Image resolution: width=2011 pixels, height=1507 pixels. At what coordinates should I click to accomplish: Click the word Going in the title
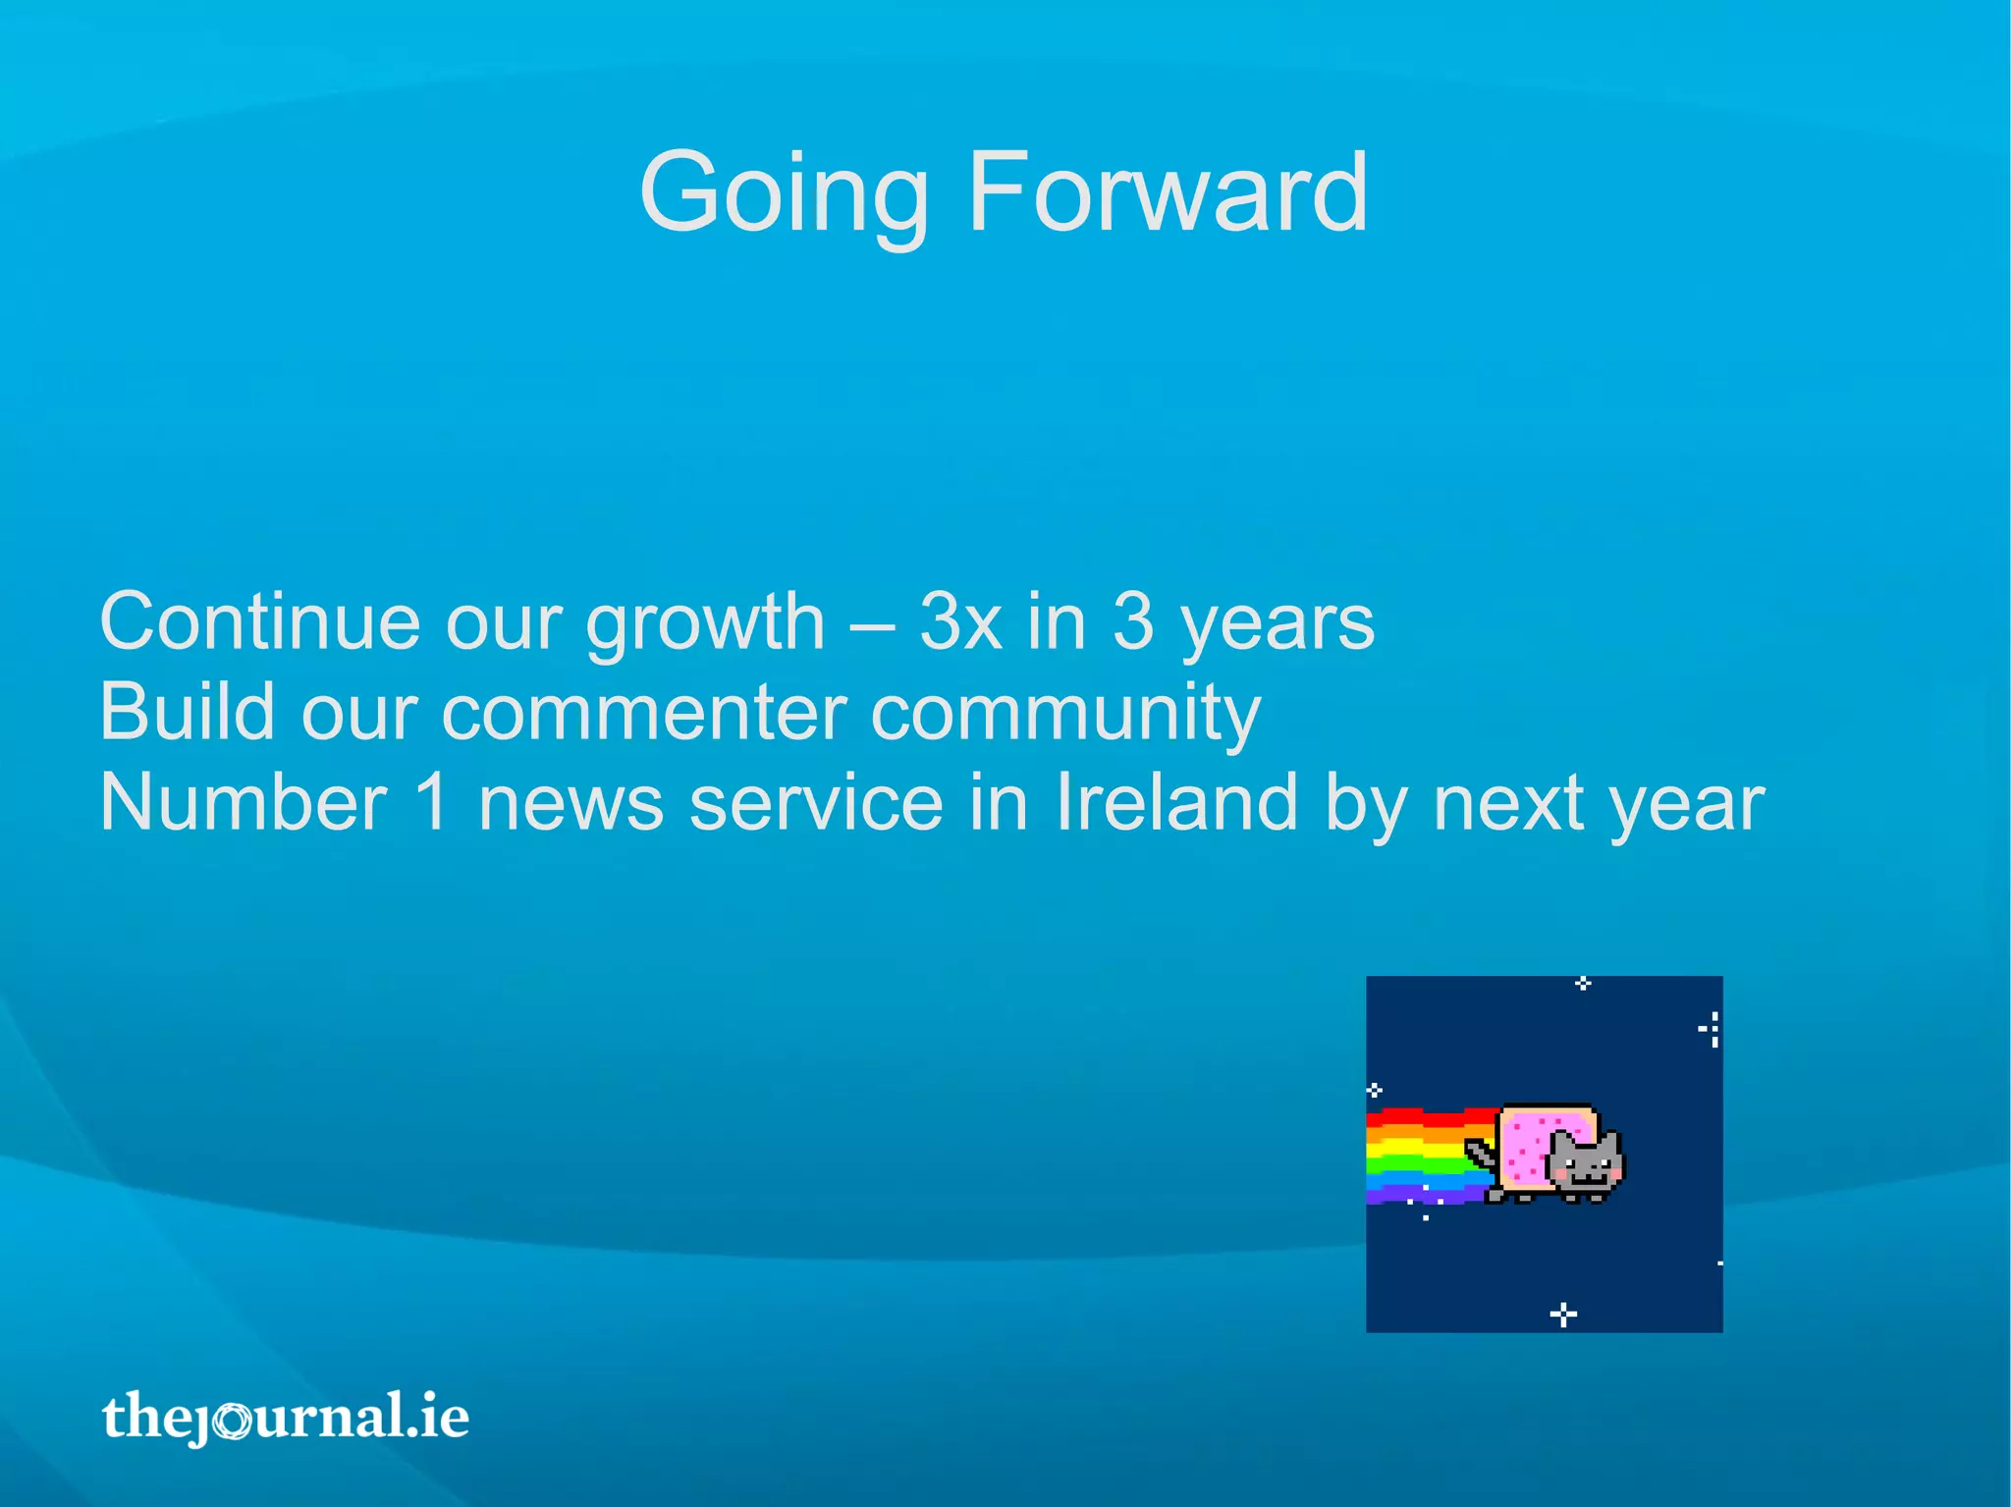click(783, 193)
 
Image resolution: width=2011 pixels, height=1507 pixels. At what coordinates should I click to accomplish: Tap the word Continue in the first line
click(260, 621)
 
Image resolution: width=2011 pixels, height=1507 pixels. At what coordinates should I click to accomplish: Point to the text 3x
click(960, 621)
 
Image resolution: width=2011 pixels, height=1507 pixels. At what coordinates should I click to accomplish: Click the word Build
click(187, 712)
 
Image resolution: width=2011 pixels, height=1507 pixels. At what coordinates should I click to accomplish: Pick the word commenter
click(644, 714)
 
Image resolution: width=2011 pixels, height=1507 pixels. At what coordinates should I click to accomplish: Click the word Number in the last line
click(244, 802)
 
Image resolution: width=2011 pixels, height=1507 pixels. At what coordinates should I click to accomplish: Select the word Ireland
click(1176, 802)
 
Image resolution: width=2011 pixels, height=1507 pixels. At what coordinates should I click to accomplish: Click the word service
click(817, 804)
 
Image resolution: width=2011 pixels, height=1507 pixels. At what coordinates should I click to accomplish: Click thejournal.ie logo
click(285, 1417)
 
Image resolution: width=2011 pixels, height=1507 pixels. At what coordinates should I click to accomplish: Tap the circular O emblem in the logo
click(234, 1421)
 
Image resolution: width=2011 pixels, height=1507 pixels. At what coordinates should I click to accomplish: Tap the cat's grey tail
click(1479, 1152)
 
